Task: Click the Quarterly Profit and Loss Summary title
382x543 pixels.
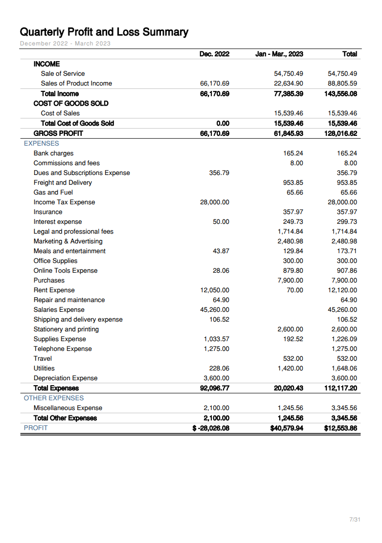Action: coord(104,32)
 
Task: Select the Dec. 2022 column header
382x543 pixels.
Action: coord(214,54)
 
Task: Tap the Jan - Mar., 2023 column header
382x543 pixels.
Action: coord(279,54)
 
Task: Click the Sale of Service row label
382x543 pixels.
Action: coord(63,74)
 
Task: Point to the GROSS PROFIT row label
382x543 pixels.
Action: coord(58,133)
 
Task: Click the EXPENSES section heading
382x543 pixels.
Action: coord(41,144)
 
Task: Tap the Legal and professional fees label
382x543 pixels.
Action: coord(73,232)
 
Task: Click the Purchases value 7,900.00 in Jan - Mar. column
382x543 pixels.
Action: coord(290,281)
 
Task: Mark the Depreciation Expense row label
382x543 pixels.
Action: coord(66,378)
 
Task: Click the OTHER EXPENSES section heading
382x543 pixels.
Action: coord(54,398)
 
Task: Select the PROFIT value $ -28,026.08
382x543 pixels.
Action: coord(211,428)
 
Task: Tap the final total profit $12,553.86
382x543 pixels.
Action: coord(340,428)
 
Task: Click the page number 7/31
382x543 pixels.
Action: coord(355,520)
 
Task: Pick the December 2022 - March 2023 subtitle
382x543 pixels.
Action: coord(65,43)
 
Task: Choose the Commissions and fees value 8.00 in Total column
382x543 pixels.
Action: coord(350,163)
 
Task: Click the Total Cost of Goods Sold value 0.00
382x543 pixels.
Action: coord(223,124)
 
